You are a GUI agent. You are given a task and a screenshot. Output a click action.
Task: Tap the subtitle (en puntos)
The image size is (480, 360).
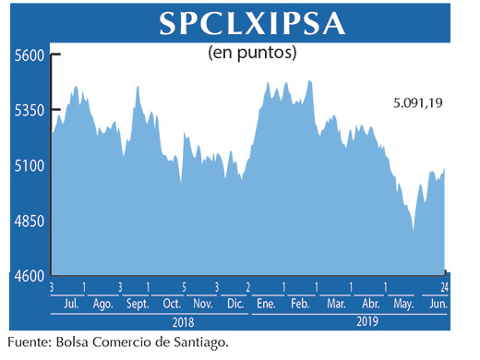(251, 54)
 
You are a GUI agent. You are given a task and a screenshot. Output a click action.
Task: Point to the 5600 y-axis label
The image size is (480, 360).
(29, 56)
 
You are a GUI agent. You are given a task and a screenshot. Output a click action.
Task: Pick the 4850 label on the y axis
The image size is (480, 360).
(29, 222)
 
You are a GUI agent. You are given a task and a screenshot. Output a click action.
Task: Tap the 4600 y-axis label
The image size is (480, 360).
(29, 276)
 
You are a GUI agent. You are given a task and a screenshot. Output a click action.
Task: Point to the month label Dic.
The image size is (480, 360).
(234, 304)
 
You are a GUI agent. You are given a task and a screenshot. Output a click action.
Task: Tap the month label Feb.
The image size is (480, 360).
(300, 304)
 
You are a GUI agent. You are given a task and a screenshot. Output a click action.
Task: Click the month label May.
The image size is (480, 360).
(402, 304)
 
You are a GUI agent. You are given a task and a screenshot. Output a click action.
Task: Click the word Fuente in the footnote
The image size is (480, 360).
(29, 343)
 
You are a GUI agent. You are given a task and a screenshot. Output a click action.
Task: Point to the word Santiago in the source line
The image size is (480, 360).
(198, 343)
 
